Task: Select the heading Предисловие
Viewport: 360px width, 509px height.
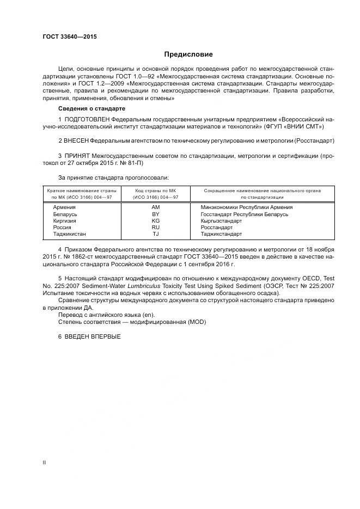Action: pyautogui.click(x=188, y=54)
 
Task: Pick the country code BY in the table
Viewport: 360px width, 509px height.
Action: pyautogui.click(x=155, y=214)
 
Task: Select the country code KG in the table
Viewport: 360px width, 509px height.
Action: pyautogui.click(x=155, y=221)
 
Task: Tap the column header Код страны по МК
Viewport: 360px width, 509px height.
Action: pyautogui.click(x=156, y=191)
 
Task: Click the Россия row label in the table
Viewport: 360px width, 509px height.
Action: pyautogui.click(x=63, y=228)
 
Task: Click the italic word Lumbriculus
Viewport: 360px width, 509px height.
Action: pyautogui.click(x=142, y=285)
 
